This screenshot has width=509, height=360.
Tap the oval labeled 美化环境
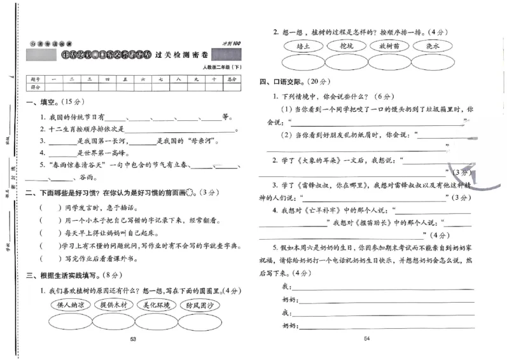[x=157, y=305]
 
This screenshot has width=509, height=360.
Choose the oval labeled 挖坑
[x=347, y=46]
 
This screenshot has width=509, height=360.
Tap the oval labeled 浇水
[x=433, y=46]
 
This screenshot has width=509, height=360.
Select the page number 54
[x=366, y=339]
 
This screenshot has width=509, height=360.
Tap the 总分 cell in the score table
[x=233, y=79]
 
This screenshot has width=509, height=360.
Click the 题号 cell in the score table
[x=36, y=79]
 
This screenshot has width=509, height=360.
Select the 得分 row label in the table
[x=36, y=87]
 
